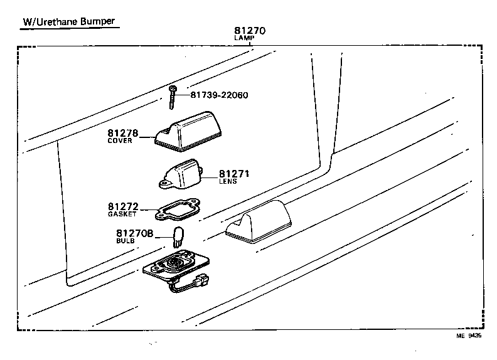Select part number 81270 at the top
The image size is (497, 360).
pos(250,30)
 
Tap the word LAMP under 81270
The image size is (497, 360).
pos(244,38)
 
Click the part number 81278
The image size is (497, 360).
pos(123,133)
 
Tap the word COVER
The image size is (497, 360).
pos(120,141)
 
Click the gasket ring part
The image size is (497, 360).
pos(178,210)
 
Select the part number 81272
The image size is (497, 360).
pos(123,206)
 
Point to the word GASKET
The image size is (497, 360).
pos(122,214)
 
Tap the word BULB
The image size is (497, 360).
pos(124,240)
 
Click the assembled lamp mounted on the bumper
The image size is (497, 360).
pos(259,224)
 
